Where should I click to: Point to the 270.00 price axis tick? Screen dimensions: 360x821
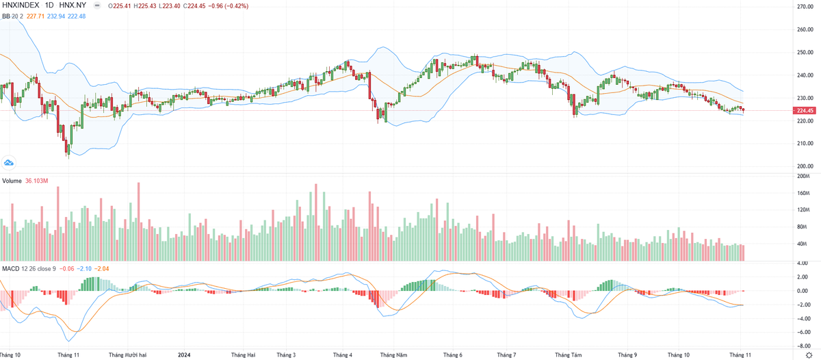tap(804, 7)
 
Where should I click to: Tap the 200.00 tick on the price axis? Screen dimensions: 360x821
tap(804, 166)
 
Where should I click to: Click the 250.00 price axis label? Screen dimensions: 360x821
tap(804, 53)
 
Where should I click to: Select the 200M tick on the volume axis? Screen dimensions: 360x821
tap(803, 176)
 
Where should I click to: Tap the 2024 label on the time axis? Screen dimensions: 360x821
tap(184, 355)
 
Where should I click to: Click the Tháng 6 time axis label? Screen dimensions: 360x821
tap(452, 355)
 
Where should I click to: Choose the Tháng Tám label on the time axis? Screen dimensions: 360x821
tap(568, 355)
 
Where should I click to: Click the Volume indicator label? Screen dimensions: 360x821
tap(12, 181)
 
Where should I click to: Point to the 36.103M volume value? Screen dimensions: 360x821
tap(36, 181)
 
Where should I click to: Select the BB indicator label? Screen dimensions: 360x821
tap(5, 16)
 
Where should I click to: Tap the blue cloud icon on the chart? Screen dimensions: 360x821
tap(9, 162)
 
